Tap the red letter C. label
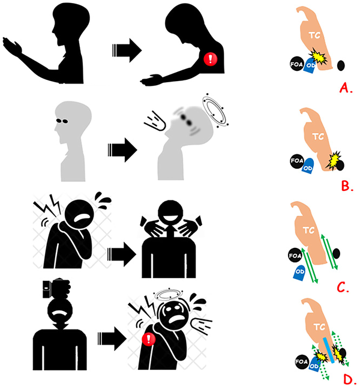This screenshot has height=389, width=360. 343,286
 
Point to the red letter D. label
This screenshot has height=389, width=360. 350,378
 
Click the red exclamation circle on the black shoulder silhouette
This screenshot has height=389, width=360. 210,59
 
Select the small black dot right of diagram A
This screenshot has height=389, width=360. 341,64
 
